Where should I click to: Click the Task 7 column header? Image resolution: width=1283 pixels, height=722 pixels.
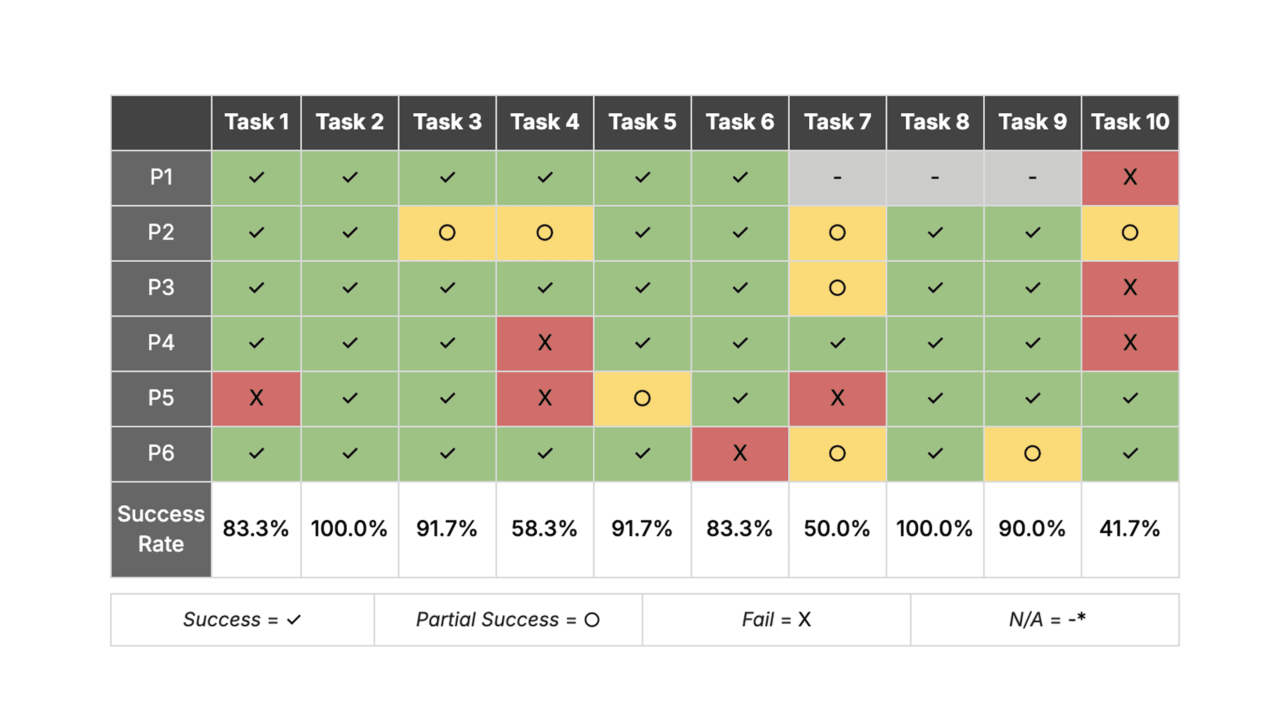pyautogui.click(x=837, y=122)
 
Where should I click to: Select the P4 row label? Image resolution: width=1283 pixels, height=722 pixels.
pyautogui.click(x=161, y=343)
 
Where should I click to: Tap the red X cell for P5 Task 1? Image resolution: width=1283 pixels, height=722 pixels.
pyautogui.click(x=256, y=398)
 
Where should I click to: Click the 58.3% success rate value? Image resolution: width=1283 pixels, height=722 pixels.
pyautogui.click(x=544, y=528)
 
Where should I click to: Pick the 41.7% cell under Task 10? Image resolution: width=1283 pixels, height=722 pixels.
pyautogui.click(x=1129, y=528)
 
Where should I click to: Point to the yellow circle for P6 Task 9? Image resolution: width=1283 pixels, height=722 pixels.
pyautogui.click(x=1032, y=453)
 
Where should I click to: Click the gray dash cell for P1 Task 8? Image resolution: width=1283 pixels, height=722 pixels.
pyautogui.click(x=934, y=177)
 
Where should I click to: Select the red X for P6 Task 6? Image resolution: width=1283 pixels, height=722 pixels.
pyautogui.click(x=740, y=453)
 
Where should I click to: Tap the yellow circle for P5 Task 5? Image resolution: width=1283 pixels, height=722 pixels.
pyautogui.click(x=642, y=398)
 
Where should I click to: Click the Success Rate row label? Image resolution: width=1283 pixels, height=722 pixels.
pyautogui.click(x=161, y=528)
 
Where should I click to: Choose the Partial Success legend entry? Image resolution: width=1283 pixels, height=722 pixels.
pyautogui.click(x=508, y=619)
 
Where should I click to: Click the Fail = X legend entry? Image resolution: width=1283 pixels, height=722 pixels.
pyautogui.click(x=776, y=619)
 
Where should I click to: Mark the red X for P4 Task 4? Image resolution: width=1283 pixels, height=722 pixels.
pyautogui.click(x=544, y=343)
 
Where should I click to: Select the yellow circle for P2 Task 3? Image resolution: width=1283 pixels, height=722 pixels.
pyautogui.click(x=447, y=232)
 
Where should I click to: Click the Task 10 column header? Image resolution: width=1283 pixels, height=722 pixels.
pyautogui.click(x=1129, y=122)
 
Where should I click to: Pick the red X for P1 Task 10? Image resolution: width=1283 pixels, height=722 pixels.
pyautogui.click(x=1129, y=177)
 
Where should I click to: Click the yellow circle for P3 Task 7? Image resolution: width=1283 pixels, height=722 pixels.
pyautogui.click(x=837, y=287)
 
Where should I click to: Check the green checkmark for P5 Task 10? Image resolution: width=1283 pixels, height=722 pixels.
pyautogui.click(x=1129, y=398)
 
